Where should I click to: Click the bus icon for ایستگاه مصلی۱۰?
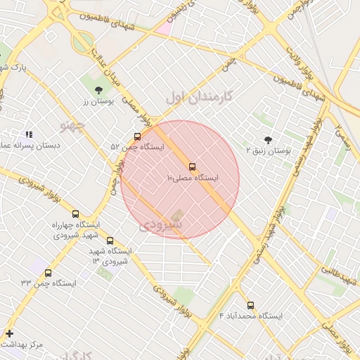click(x=193, y=167)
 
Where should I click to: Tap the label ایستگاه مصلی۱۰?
click(x=193, y=179)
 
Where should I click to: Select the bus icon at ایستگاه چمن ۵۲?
click(x=137, y=136)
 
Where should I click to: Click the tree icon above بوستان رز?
click(x=98, y=89)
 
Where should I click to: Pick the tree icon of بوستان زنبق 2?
click(x=268, y=139)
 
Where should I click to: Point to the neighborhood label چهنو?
click(x=72, y=126)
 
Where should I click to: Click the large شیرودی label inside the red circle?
click(x=160, y=224)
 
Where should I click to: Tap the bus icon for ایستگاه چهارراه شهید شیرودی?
click(x=76, y=214)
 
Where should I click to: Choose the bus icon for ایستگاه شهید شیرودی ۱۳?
click(x=110, y=240)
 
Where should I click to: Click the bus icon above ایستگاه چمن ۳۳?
click(x=48, y=273)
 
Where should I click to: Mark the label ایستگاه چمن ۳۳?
click(x=48, y=283)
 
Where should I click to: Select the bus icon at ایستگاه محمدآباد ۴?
click(x=251, y=305)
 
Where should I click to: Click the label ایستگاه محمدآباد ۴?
click(x=251, y=316)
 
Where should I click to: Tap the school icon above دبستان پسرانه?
click(x=29, y=134)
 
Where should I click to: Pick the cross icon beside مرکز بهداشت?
click(x=9, y=333)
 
